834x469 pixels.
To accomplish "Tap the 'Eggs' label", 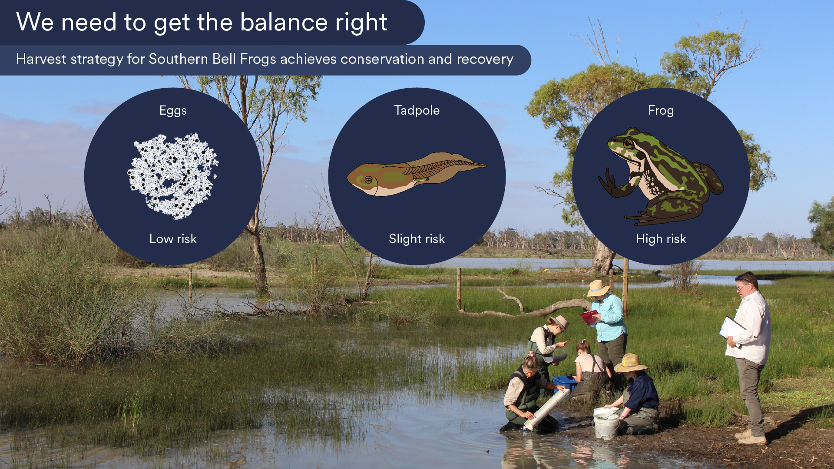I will [x=173, y=110].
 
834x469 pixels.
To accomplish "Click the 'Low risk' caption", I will [x=173, y=239].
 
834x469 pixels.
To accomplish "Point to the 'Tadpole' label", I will [x=417, y=110].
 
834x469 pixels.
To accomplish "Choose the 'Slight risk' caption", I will [x=417, y=239].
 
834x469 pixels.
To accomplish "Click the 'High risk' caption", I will [x=661, y=239].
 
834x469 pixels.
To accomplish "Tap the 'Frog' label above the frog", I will [x=661, y=110].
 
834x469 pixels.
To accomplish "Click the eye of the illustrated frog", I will [x=628, y=143].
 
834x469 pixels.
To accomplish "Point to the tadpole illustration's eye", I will [x=368, y=180].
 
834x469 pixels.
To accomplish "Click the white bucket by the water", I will [x=606, y=423].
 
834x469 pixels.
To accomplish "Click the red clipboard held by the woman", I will [x=589, y=317].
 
